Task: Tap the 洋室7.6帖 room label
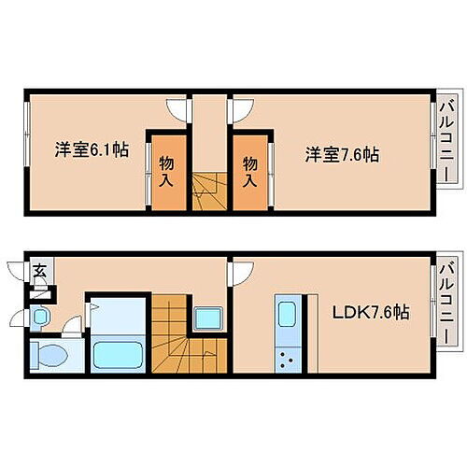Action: pos(342,154)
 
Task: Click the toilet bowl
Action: pos(47,355)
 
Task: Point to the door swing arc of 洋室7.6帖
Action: pos(240,107)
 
